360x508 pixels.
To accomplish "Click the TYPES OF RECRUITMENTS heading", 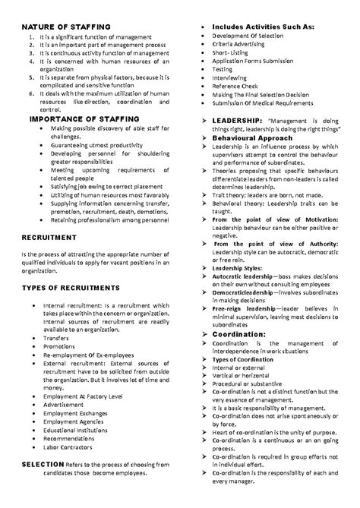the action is click(x=71, y=288).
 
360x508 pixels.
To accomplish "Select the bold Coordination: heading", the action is click(x=239, y=333).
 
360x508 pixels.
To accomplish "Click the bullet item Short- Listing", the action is click(x=231, y=54).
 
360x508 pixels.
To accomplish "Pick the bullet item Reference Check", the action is click(x=236, y=87).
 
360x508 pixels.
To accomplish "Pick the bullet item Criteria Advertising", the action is click(x=238, y=46).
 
